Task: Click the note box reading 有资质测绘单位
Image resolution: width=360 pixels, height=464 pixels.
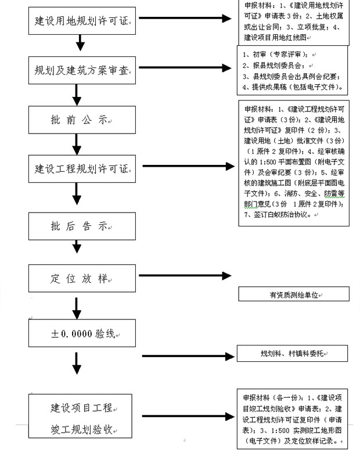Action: point(293,294)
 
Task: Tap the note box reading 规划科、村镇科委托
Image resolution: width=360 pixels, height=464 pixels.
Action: point(293,354)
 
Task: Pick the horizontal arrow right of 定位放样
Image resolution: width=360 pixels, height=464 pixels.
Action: point(186,276)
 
